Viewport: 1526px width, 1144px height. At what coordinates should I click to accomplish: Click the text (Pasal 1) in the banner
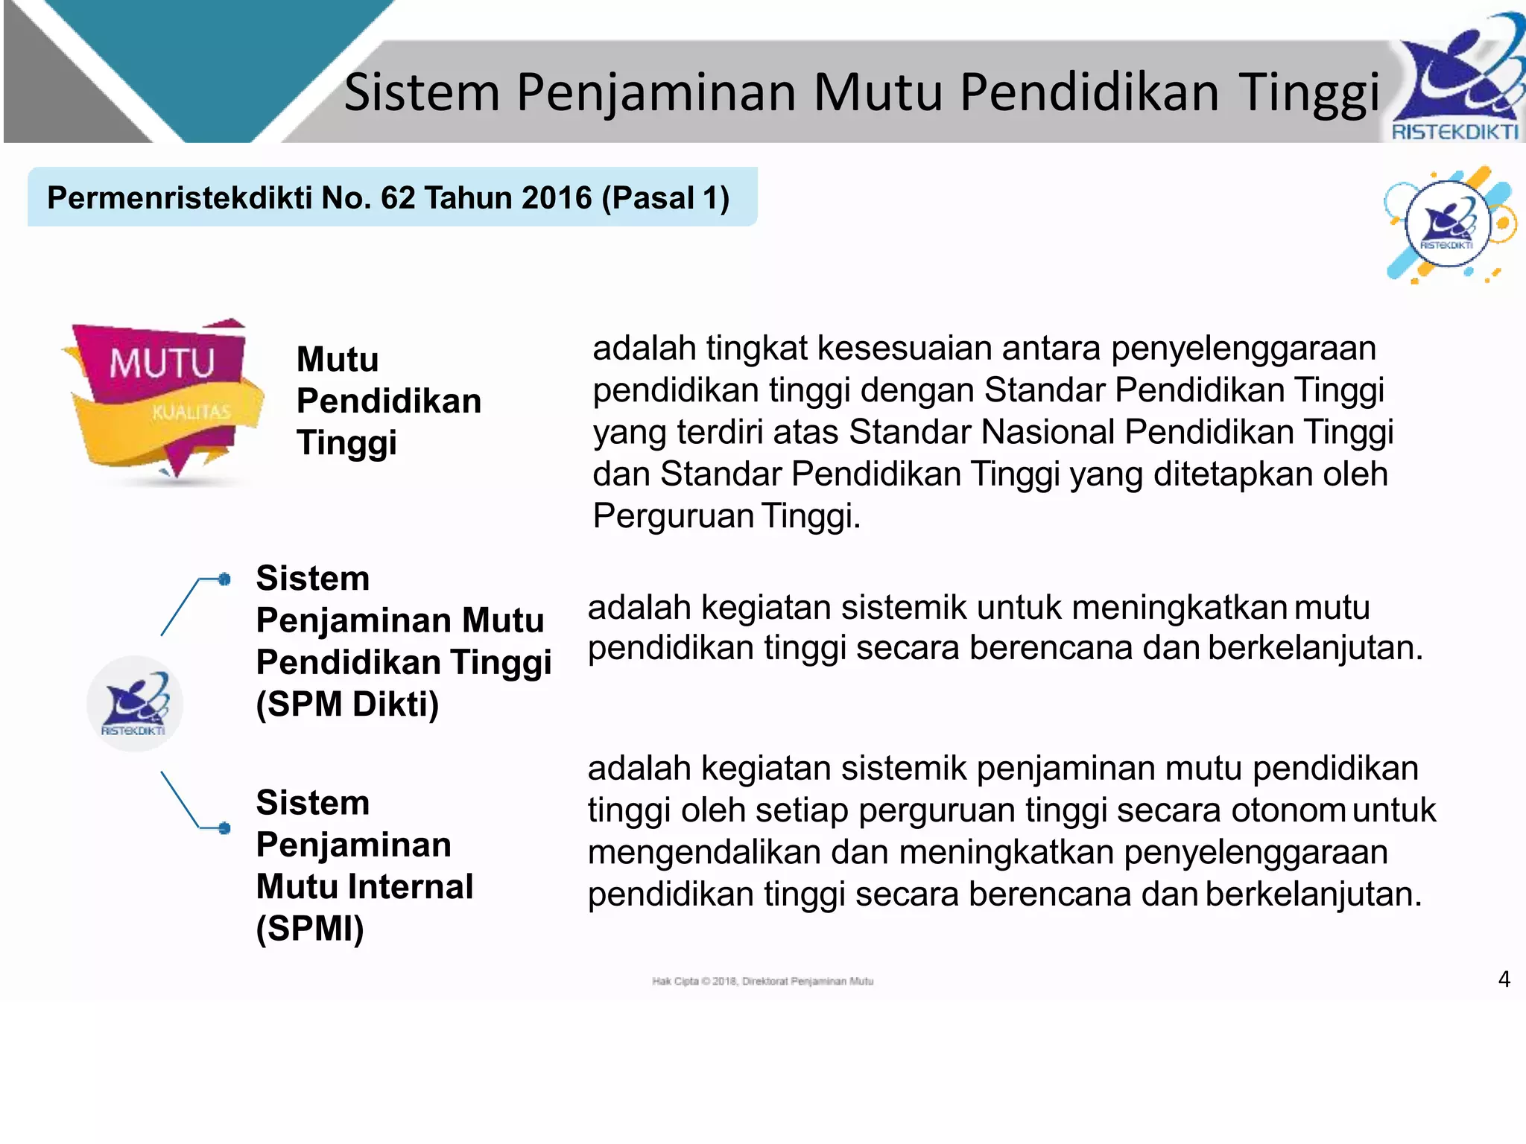pyautogui.click(x=665, y=198)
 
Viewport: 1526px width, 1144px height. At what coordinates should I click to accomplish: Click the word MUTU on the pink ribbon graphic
pyautogui.click(x=162, y=364)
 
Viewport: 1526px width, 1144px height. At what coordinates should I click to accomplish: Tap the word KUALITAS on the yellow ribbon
pyautogui.click(x=191, y=412)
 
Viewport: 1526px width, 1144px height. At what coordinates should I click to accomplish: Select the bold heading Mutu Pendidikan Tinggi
pyautogui.click(x=388, y=401)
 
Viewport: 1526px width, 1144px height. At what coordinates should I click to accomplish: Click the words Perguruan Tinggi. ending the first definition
pyautogui.click(x=726, y=515)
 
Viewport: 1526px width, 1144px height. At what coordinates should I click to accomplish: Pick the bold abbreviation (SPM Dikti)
pyautogui.click(x=347, y=704)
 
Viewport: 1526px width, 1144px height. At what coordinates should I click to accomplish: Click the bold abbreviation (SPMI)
pyautogui.click(x=310, y=929)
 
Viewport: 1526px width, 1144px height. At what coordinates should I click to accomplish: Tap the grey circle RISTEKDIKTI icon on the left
pyautogui.click(x=135, y=704)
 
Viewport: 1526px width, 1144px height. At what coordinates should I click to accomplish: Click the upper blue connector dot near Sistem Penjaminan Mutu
pyautogui.click(x=224, y=579)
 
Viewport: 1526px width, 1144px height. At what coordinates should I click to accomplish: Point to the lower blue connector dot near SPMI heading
pyautogui.click(x=224, y=827)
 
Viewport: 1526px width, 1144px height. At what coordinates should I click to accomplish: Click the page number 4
pyautogui.click(x=1504, y=979)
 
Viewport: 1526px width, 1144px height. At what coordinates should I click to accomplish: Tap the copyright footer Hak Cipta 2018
pyautogui.click(x=762, y=981)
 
